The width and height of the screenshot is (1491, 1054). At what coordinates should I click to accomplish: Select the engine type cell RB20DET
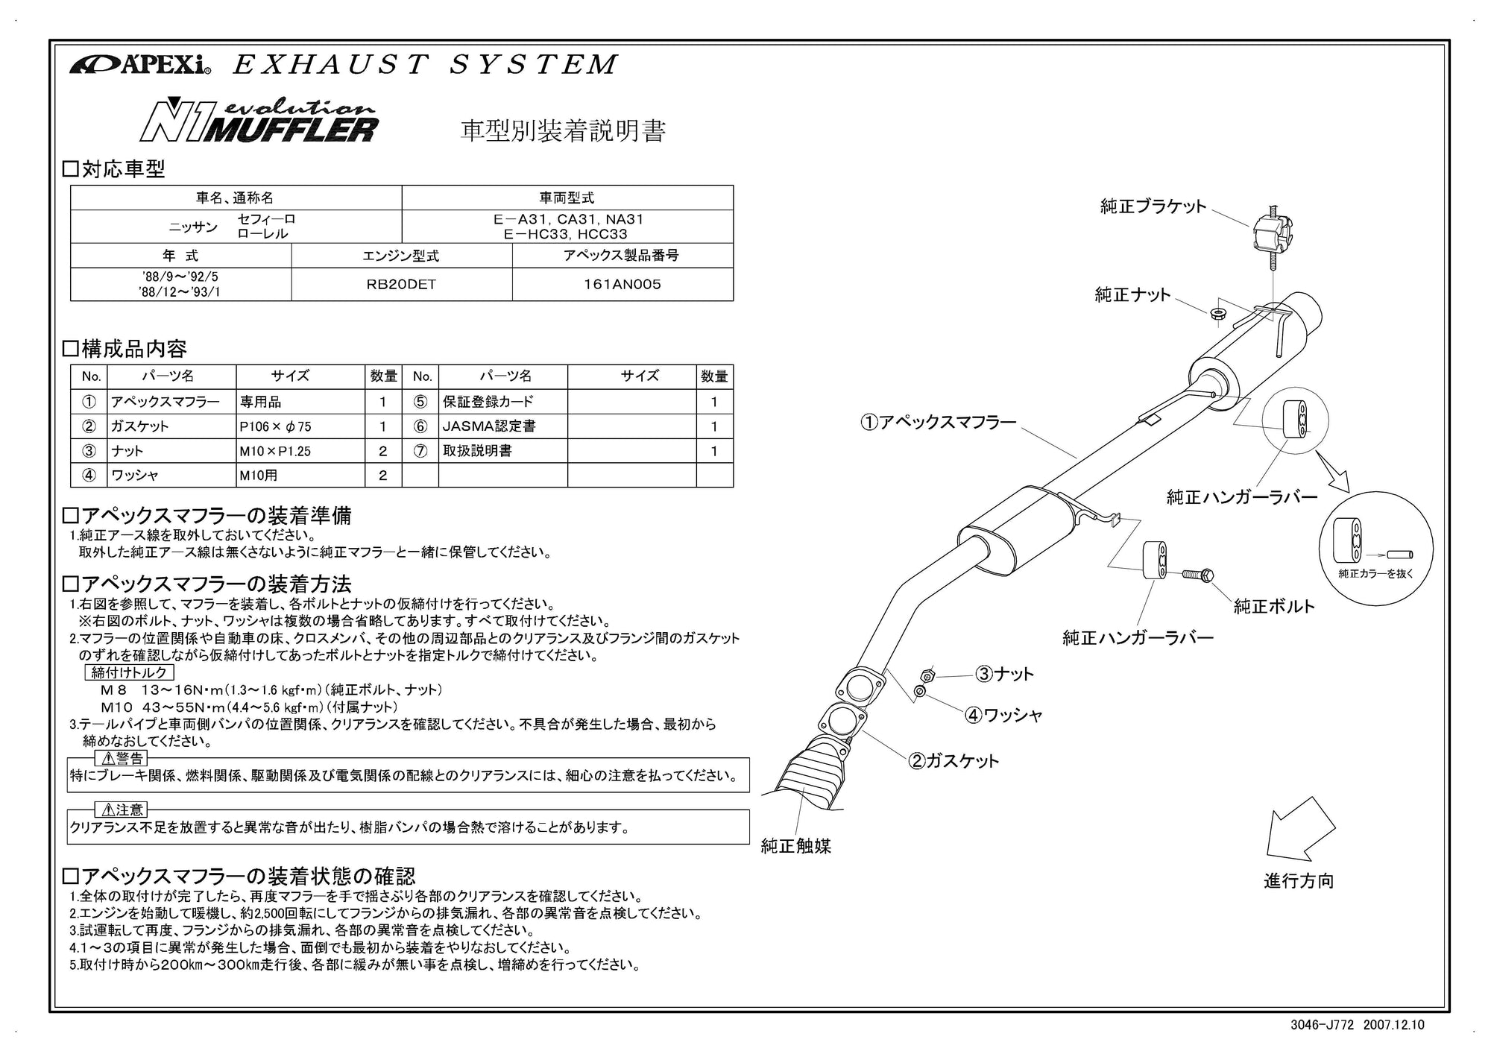401,285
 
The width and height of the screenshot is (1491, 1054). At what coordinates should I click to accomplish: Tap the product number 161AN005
622,285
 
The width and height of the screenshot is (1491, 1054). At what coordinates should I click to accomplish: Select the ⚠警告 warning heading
122,759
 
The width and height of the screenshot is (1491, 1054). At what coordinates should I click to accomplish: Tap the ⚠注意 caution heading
122,810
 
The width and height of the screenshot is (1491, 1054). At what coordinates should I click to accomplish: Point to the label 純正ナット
1132,295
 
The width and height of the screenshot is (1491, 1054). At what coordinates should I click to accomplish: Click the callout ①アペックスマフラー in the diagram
939,423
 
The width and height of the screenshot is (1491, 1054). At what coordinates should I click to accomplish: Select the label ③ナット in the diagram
1004,675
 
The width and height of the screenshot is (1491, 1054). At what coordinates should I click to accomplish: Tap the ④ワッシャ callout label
1003,716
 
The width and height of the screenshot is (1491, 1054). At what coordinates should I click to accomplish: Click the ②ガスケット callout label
953,761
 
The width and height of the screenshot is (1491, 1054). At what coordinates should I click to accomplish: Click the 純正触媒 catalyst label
795,846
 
